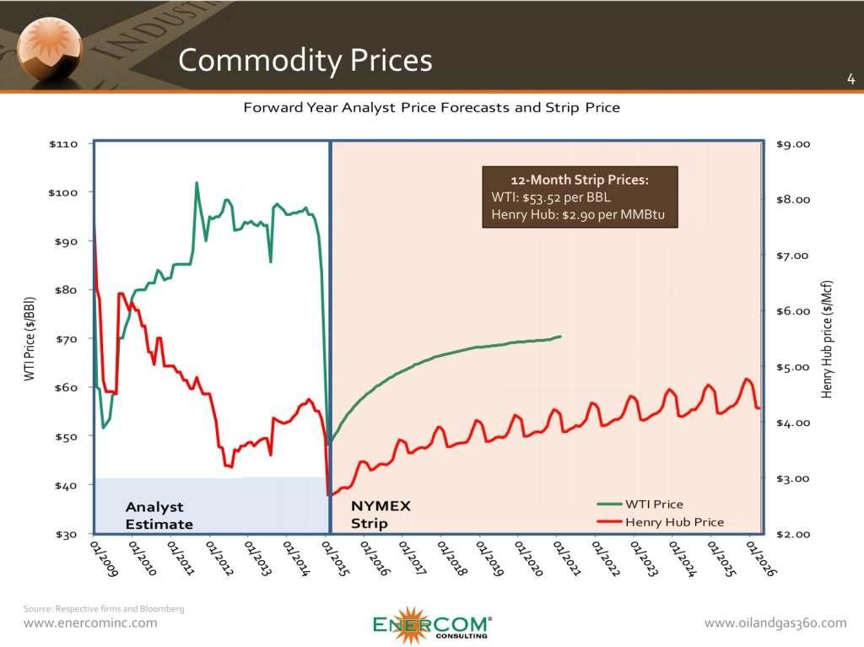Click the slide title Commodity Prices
(x=305, y=60)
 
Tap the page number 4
(x=850, y=79)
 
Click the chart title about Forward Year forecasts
(x=431, y=108)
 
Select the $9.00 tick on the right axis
(x=792, y=143)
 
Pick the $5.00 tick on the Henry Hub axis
(x=792, y=367)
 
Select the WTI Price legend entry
(x=654, y=504)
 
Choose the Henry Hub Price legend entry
(x=674, y=522)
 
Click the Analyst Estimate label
(x=159, y=515)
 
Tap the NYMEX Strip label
(x=381, y=515)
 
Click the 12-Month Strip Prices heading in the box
(x=580, y=180)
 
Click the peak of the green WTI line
(x=197, y=183)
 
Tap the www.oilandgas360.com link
(x=775, y=623)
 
